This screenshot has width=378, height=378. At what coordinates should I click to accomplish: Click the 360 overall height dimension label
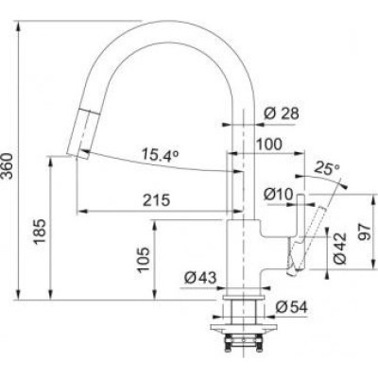[x=7, y=166]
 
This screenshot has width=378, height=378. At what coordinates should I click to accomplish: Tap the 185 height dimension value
[x=41, y=232]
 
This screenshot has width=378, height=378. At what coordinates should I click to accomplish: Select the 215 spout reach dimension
[x=157, y=200]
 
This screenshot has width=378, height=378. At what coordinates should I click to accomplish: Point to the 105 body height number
[x=144, y=260]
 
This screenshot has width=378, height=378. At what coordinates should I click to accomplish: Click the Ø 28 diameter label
[x=282, y=113]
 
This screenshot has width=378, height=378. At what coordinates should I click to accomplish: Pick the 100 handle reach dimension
[x=268, y=145]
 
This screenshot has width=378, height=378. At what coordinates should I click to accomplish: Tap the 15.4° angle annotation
[x=160, y=155]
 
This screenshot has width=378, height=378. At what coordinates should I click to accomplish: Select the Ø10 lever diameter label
[x=279, y=195]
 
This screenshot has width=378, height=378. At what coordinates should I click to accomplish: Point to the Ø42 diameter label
[x=340, y=249]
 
